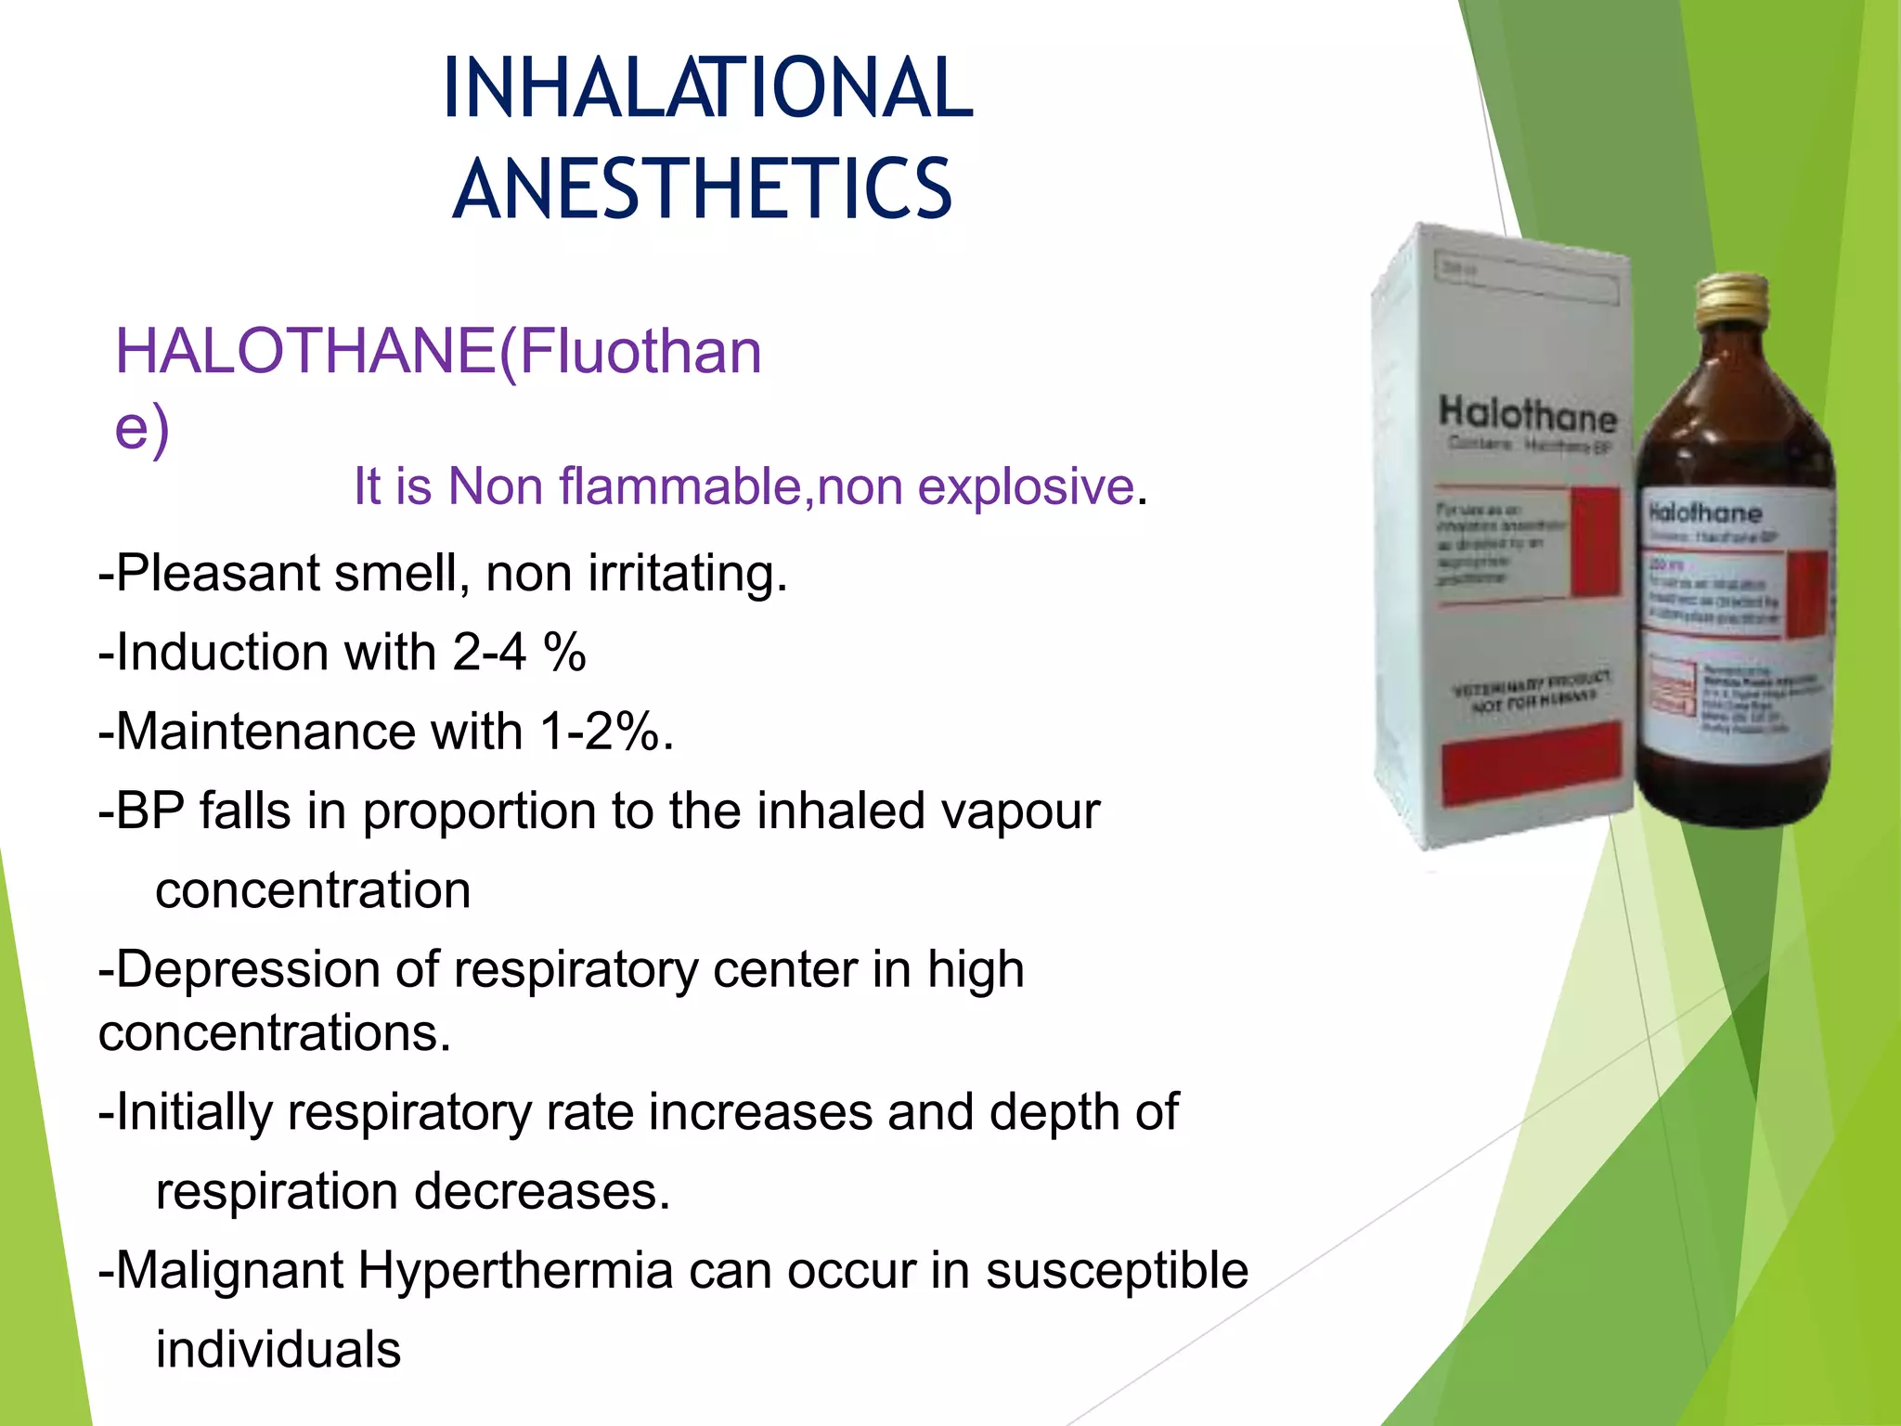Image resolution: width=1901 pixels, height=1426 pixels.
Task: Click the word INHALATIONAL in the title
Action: (708, 88)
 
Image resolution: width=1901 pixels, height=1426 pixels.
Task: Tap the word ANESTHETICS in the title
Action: (703, 189)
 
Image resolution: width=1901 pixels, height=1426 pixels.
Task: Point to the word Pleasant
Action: (218, 573)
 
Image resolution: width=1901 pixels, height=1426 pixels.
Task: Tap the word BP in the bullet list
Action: (149, 810)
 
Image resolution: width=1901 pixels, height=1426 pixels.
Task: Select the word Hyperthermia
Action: (515, 1270)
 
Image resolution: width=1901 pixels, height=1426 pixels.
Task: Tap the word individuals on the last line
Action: (278, 1349)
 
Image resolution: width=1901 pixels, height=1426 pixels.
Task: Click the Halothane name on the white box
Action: (1527, 414)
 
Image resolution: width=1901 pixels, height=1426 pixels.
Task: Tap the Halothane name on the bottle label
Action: (1704, 512)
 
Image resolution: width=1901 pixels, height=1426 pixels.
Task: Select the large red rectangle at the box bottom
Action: (1532, 764)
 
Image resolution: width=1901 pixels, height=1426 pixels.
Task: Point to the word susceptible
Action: (1117, 1270)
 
